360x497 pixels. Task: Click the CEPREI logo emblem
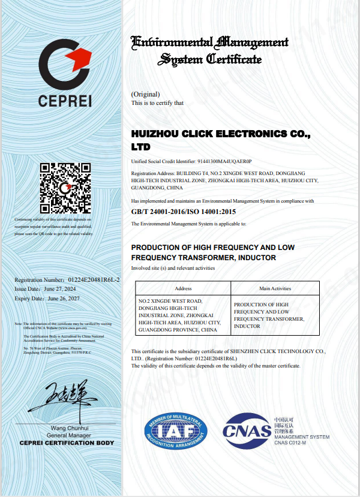(65, 64)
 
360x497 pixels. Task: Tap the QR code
(65, 188)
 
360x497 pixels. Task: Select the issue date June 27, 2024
(67, 289)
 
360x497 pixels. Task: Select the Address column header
(183, 288)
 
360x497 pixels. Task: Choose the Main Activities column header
(275, 288)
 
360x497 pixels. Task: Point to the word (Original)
(145, 94)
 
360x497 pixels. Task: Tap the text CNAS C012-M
(290, 442)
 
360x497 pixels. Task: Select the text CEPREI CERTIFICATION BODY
(66, 442)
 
